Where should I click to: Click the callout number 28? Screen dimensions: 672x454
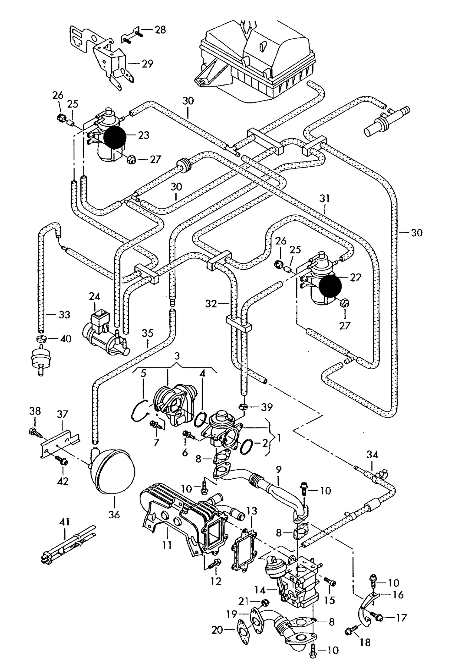160,30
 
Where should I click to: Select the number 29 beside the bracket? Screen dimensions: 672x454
147,64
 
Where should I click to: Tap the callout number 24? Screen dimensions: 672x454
95,296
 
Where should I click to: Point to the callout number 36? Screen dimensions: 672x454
114,515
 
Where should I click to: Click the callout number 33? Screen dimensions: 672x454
64,315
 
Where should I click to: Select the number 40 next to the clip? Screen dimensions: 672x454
65,339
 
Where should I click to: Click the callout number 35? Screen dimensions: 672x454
147,333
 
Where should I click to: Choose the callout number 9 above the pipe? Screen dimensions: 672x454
278,470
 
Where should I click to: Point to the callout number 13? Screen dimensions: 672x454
252,511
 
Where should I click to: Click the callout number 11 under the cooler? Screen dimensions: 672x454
167,544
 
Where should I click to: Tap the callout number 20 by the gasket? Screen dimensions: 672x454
217,630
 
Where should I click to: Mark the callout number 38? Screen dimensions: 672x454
35,411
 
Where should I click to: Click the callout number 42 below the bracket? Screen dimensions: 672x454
63,481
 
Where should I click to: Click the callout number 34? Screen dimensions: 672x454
372,454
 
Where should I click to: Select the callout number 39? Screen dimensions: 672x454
267,407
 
